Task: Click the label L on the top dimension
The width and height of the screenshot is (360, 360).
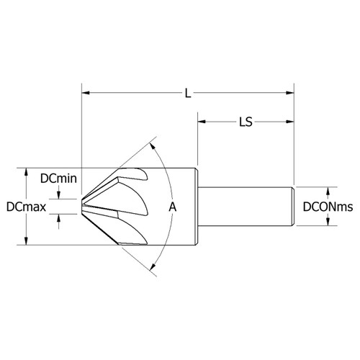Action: pyautogui.click(x=189, y=92)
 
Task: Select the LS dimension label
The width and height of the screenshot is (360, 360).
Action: pyautogui.click(x=246, y=122)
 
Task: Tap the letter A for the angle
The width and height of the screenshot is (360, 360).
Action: pyautogui.click(x=171, y=207)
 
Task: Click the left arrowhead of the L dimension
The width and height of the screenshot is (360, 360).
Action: pyautogui.click(x=86, y=92)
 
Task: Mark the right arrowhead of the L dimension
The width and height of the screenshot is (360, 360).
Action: pyautogui.click(x=292, y=92)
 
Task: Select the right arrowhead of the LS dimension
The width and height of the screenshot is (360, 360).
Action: pyautogui.click(x=292, y=122)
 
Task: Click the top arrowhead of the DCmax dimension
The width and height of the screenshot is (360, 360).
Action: pyautogui.click(x=27, y=172)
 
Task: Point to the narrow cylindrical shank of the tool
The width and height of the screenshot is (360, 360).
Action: pyautogui.click(x=245, y=207)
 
